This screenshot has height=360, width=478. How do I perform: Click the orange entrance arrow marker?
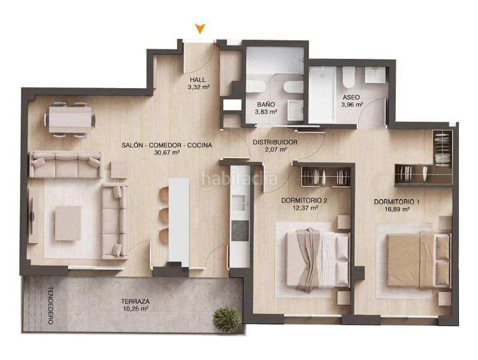[x=200, y=28]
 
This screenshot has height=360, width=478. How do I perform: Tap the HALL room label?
[x=198, y=80]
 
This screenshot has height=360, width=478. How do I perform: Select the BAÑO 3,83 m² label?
[x=266, y=108]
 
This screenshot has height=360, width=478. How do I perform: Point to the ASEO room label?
[x=351, y=97]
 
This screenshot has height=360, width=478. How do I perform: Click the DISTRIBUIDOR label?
[x=275, y=142]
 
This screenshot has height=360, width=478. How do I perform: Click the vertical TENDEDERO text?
[x=50, y=305]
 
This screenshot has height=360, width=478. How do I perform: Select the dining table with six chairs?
[x=70, y=119]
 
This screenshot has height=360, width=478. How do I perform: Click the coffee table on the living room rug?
[x=68, y=223]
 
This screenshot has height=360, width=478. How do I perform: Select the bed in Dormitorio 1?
[x=419, y=260]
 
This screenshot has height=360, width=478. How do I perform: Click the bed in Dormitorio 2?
[x=318, y=259]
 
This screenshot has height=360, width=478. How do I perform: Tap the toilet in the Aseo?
[x=348, y=77]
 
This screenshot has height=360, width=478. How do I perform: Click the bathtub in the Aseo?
[x=322, y=95]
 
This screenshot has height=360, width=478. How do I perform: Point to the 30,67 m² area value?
[x=167, y=152]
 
